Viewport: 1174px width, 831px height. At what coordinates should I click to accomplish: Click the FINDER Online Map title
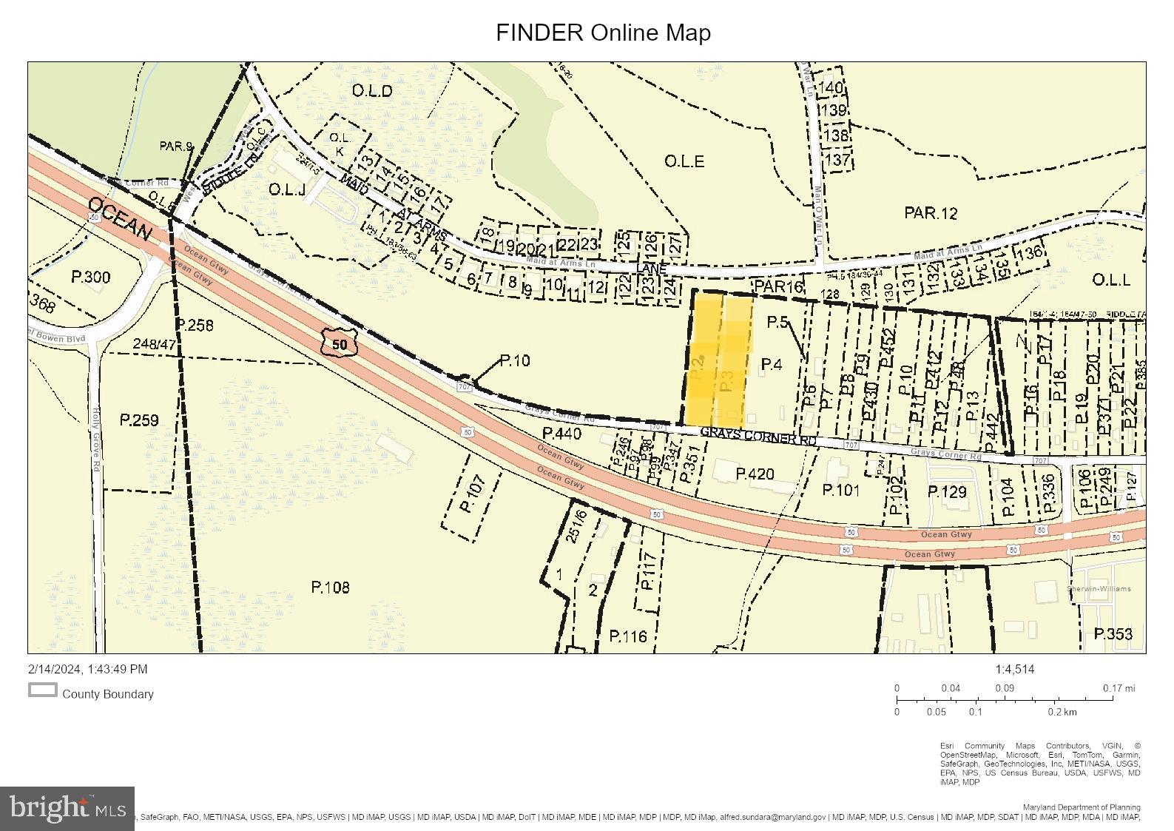(x=603, y=33)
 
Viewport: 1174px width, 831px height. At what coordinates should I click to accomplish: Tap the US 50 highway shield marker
(x=340, y=343)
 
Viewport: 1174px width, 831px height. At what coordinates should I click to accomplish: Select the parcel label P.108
(x=330, y=587)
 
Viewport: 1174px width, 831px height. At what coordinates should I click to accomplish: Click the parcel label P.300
(x=90, y=277)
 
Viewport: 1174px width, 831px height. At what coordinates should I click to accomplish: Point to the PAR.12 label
(x=930, y=213)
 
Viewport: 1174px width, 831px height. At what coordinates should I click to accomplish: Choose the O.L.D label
(x=371, y=91)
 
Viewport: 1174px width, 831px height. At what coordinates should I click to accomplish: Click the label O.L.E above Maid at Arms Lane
(x=684, y=161)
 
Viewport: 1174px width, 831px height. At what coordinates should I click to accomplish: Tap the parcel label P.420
(x=755, y=473)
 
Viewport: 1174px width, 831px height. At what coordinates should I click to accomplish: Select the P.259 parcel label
(x=139, y=420)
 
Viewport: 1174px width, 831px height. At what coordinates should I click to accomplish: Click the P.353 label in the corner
(x=1113, y=634)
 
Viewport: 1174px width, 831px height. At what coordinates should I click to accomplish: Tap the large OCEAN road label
(x=119, y=219)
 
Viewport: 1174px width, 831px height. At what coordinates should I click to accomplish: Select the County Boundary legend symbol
(x=43, y=690)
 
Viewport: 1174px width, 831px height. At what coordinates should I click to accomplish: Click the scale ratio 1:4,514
(x=1014, y=669)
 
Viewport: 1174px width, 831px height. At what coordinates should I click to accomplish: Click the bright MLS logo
(x=67, y=807)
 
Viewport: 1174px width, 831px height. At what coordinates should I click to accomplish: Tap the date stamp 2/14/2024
(x=87, y=669)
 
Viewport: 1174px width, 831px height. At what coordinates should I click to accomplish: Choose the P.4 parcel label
(x=771, y=364)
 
